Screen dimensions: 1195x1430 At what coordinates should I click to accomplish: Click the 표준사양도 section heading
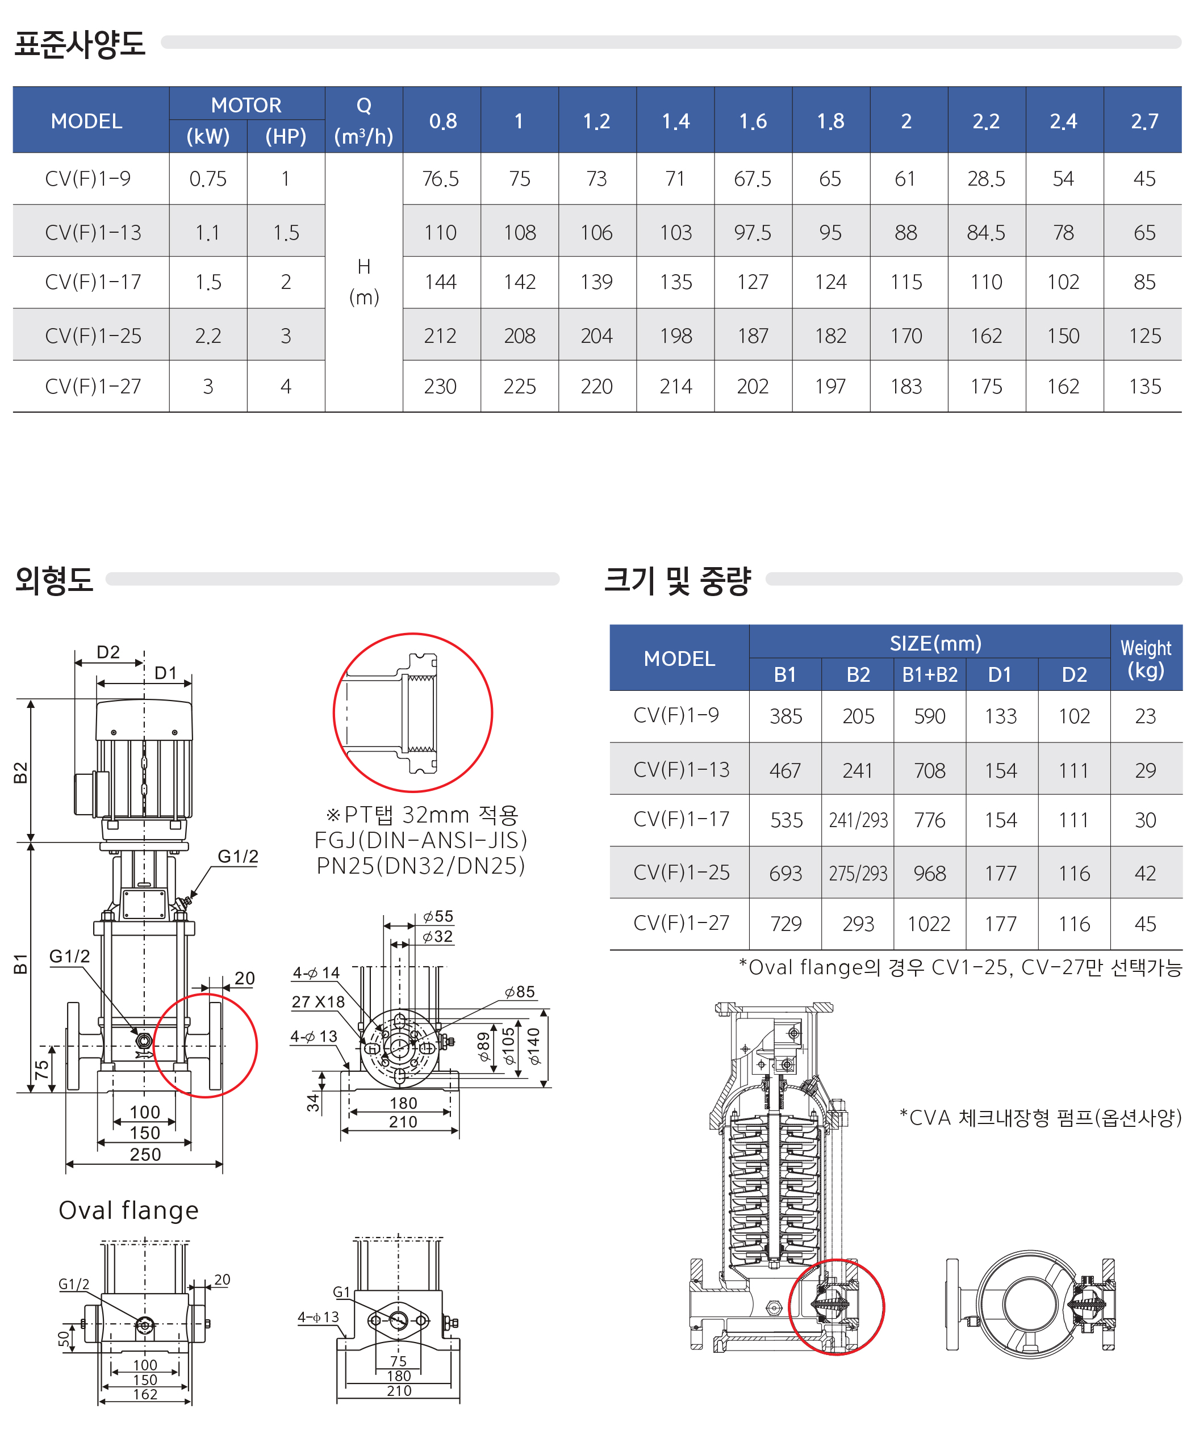click(x=80, y=44)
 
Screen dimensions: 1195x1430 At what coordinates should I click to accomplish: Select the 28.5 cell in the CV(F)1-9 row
click(x=985, y=178)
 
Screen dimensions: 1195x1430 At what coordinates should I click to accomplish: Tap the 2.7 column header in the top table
click(x=1144, y=121)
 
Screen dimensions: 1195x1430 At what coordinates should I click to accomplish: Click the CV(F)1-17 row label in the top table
click(x=93, y=282)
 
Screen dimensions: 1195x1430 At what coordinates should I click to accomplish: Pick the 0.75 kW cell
click(x=208, y=178)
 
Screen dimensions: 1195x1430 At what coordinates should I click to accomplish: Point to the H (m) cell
click(x=364, y=281)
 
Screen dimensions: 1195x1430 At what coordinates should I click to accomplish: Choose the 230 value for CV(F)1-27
click(x=440, y=386)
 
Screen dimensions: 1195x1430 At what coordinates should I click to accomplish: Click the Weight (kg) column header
click(x=1146, y=659)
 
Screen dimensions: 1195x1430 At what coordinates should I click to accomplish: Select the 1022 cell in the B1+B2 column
click(x=929, y=924)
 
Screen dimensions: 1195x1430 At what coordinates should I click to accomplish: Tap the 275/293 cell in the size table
click(x=858, y=873)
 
